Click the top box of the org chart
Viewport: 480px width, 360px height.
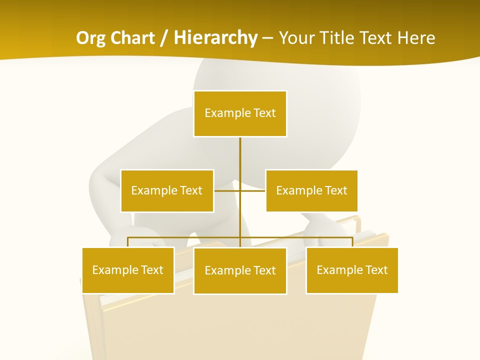[240, 113]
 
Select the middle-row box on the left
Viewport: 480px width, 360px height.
[167, 190]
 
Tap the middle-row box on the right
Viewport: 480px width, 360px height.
[311, 190]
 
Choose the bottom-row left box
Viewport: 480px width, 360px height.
[128, 270]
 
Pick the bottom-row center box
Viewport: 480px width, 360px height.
[240, 270]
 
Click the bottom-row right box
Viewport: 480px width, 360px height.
[352, 270]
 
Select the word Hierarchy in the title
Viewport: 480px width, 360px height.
[215, 38]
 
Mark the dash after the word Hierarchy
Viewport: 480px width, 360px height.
[267, 38]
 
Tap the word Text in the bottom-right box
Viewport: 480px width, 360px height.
[376, 270]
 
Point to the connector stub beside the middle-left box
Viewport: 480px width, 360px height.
[226, 190]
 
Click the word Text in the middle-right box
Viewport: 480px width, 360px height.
[336, 190]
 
